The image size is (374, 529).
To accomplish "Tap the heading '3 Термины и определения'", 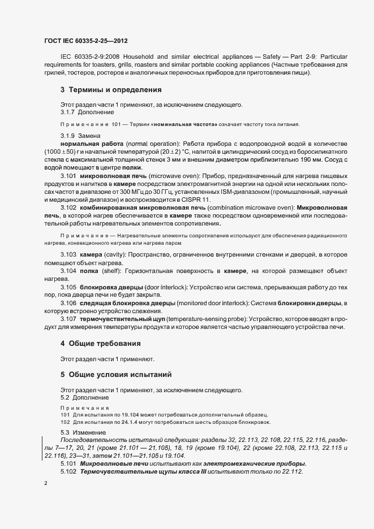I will [111, 89].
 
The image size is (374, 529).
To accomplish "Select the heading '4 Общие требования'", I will [101, 343].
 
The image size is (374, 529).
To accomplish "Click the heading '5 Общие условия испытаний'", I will [116, 374].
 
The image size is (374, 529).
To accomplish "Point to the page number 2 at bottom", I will [46, 484].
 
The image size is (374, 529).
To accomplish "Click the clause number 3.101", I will [68, 177].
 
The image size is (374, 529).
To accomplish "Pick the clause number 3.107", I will [68, 319].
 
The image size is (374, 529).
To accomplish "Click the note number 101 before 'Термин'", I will [117, 124].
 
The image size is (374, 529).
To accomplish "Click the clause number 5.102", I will [68, 471].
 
